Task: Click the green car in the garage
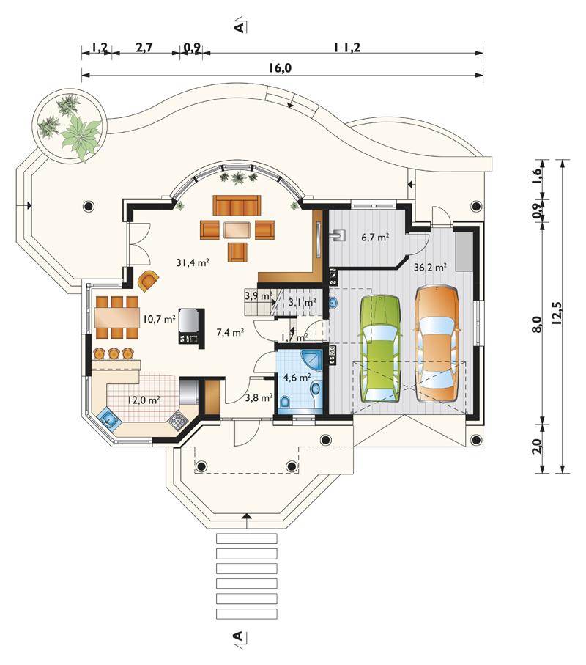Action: point(379,348)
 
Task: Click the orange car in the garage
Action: point(437,344)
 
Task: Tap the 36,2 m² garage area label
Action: point(430,267)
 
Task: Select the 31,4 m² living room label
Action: point(193,262)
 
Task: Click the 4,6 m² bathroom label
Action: point(297,377)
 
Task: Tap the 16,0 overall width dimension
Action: point(280,68)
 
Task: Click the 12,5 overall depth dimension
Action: point(557,313)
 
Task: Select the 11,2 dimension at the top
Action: point(346,47)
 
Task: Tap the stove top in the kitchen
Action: point(177,419)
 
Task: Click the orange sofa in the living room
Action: point(237,205)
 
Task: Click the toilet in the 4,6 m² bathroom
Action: point(285,402)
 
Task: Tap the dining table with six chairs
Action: point(117,317)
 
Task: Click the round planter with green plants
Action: point(70,125)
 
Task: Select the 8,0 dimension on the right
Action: point(537,324)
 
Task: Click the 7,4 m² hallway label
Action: point(230,332)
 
